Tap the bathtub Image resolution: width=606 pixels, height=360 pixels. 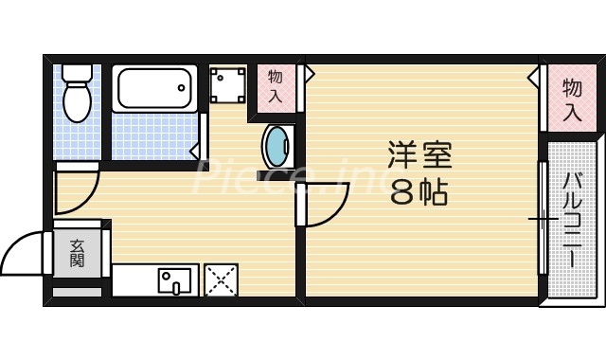point(153,90)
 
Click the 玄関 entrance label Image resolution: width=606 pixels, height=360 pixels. point(77,253)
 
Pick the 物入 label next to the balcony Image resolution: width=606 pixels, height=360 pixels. point(572,99)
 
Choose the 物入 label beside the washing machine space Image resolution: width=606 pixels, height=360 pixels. point(276,85)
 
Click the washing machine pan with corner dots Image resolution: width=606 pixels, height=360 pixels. point(227,86)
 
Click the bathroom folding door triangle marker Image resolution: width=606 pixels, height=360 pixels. point(194,150)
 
